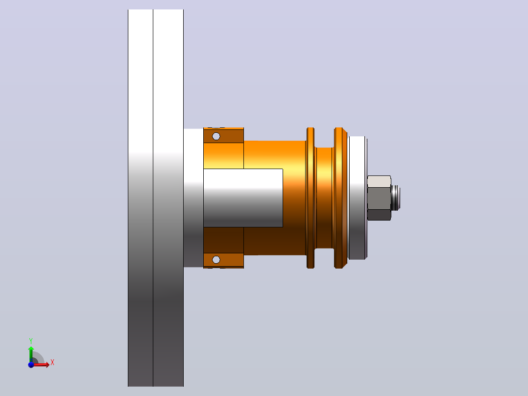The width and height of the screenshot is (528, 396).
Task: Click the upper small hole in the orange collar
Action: pos(216,136)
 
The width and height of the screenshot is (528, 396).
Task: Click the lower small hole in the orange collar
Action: pos(216,259)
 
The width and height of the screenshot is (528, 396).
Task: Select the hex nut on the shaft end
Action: pos(379,198)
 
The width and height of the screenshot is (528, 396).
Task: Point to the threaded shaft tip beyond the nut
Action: pos(396,198)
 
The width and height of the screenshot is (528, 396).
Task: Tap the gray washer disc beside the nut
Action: pos(358,198)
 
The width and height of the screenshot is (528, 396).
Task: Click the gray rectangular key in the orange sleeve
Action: pos(243,198)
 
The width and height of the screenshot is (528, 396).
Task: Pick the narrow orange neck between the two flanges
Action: pos(324,198)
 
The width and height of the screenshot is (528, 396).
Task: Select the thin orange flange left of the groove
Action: pos(311,198)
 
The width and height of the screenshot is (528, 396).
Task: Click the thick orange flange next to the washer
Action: pos(341,198)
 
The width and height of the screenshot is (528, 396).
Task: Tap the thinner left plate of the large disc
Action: pos(141,198)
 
